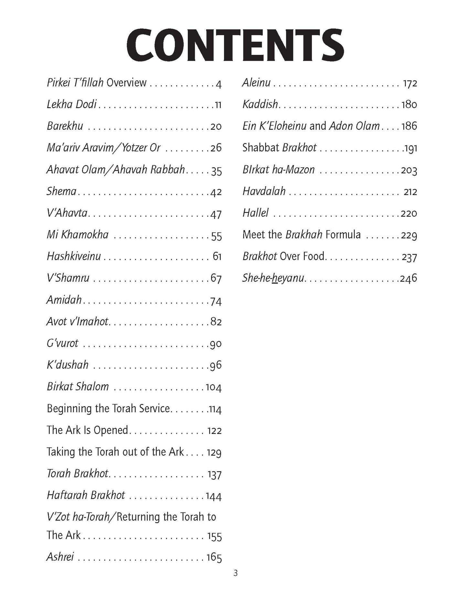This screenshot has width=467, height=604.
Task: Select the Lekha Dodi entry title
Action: [x=72, y=104]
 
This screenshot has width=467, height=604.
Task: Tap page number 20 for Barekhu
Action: [x=216, y=126]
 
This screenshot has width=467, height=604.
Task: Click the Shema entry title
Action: [x=61, y=191]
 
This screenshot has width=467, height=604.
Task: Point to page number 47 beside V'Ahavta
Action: [x=216, y=214]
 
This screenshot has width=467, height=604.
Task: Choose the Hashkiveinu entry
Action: [x=74, y=256]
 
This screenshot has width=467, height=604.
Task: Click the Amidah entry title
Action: [x=64, y=300]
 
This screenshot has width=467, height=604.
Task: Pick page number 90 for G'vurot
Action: [x=216, y=344]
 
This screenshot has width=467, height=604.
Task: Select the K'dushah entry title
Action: [x=68, y=365]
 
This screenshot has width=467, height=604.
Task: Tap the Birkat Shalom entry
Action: [x=78, y=386]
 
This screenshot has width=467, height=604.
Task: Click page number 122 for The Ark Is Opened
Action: [x=215, y=431]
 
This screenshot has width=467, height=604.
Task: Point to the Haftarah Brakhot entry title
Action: [x=86, y=495]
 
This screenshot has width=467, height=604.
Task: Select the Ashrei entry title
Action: [x=60, y=557]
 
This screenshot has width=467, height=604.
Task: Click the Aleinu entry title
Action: [x=256, y=83]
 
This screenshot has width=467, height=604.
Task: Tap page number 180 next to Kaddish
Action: [x=409, y=105]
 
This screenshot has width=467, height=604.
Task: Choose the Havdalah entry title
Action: [x=264, y=191]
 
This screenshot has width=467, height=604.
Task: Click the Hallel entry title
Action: [x=256, y=213]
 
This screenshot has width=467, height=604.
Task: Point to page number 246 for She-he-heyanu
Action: [x=409, y=278]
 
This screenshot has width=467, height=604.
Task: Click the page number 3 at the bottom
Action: [x=235, y=582]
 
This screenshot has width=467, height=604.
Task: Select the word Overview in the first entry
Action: [x=126, y=83]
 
